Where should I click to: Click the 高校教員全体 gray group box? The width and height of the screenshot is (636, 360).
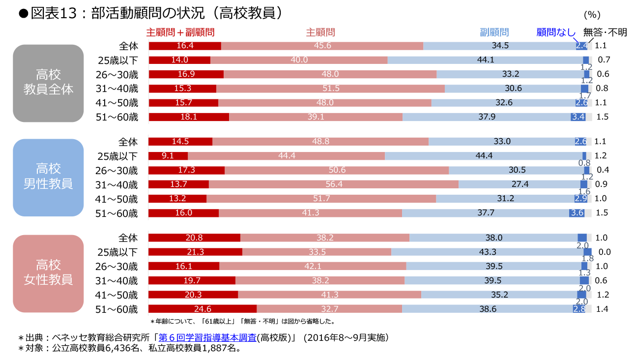tap(48, 83)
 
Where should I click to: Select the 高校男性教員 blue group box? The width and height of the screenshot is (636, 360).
tap(48, 177)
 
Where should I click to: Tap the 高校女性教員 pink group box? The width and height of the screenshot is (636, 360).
tap(48, 273)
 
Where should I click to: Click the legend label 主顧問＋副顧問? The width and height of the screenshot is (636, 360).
tap(180, 32)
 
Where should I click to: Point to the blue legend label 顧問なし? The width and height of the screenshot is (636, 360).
tap(555, 32)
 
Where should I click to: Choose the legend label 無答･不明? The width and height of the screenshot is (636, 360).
tap(605, 32)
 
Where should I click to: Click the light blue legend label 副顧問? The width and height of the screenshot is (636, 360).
tap(494, 32)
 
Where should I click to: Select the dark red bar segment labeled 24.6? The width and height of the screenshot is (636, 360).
tap(202, 309)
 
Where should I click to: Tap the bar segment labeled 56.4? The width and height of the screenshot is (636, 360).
tap(334, 184)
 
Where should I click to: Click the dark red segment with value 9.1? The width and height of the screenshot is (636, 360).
tap(168, 156)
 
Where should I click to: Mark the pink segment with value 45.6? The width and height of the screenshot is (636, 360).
tap(322, 46)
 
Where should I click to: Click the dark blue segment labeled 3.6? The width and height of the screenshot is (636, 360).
tap(577, 213)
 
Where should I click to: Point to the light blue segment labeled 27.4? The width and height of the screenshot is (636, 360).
tap(520, 184)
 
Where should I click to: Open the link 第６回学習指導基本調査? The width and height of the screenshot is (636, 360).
tap(207, 338)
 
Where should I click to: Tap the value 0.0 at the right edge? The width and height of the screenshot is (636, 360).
tap(604, 252)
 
